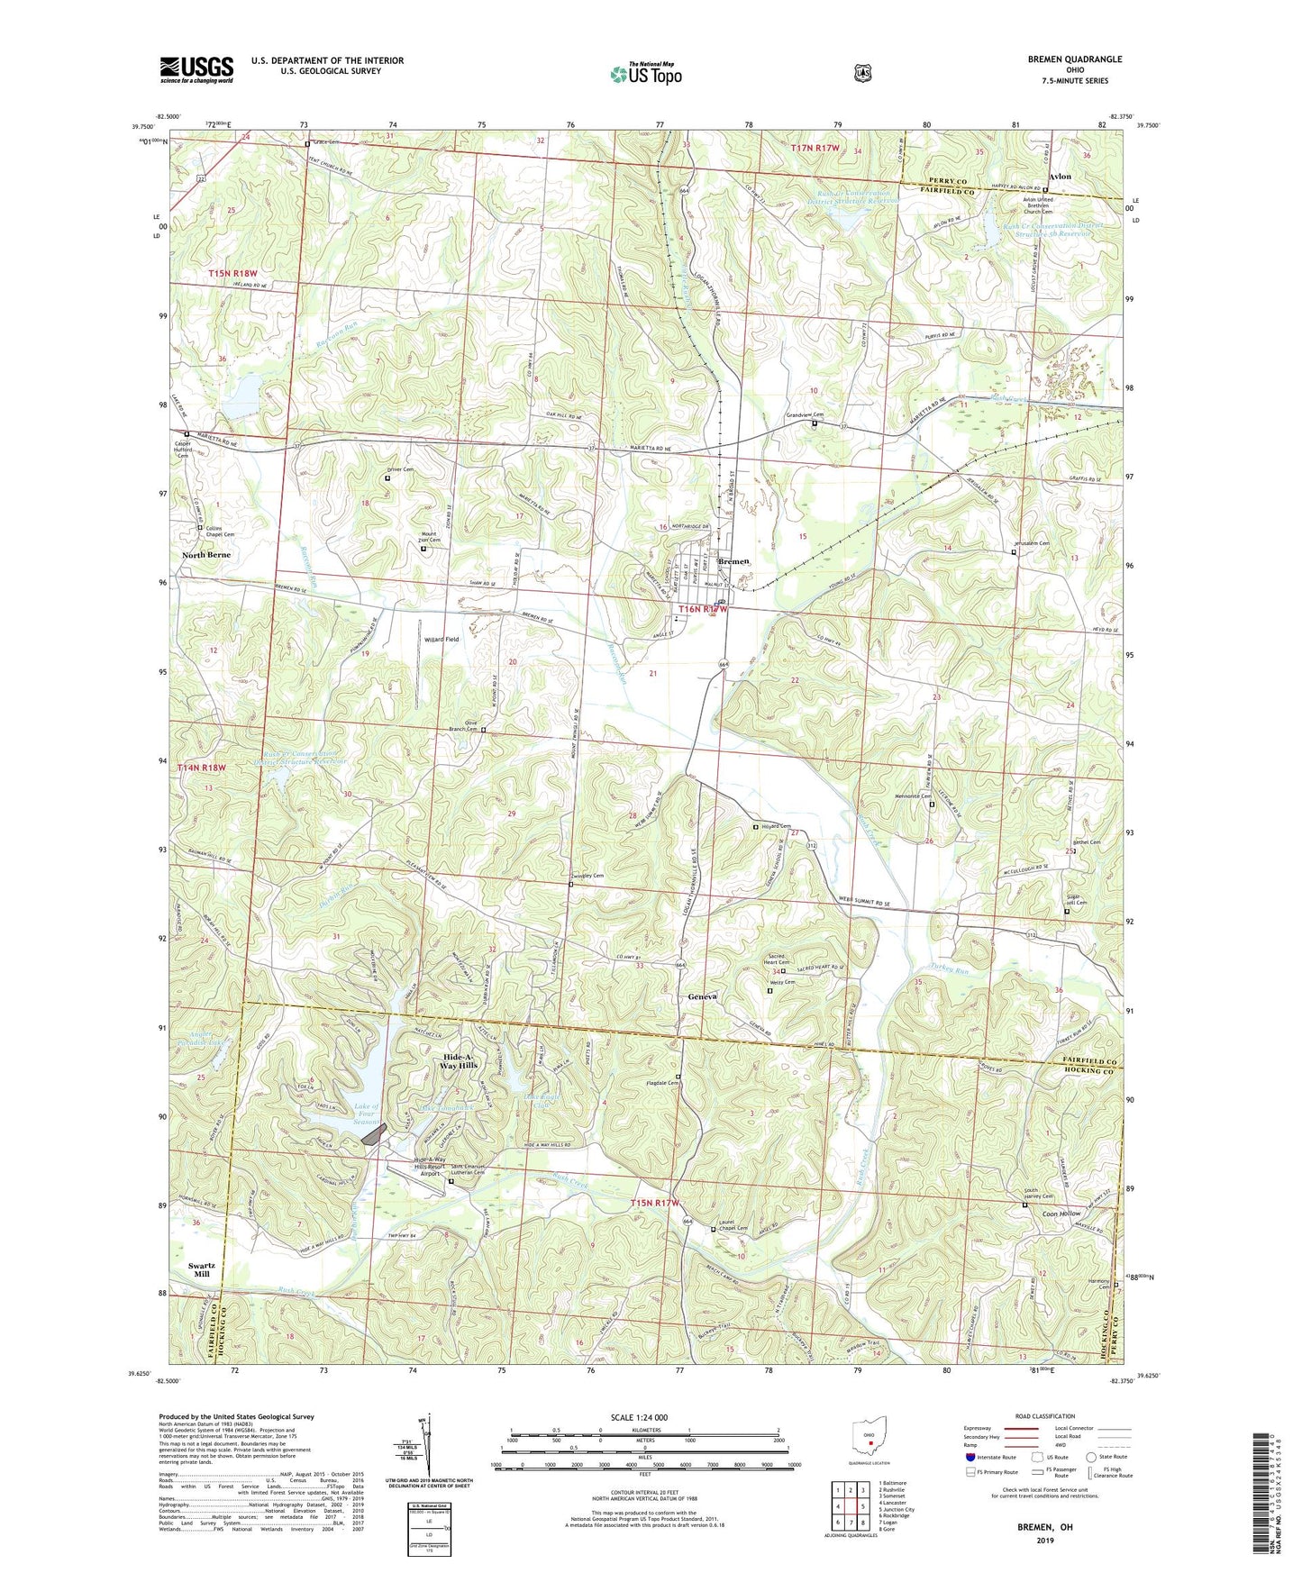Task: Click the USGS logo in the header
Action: pos(196,69)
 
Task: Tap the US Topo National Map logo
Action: pos(645,74)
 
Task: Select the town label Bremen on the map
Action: pos(733,561)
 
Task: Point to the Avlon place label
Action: pos(1061,177)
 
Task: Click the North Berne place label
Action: pos(206,555)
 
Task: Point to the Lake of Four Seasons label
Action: pos(366,1114)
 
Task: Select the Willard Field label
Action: pos(442,640)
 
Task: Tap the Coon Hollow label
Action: pos(1061,1214)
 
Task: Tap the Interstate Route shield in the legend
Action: pos(970,1457)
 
